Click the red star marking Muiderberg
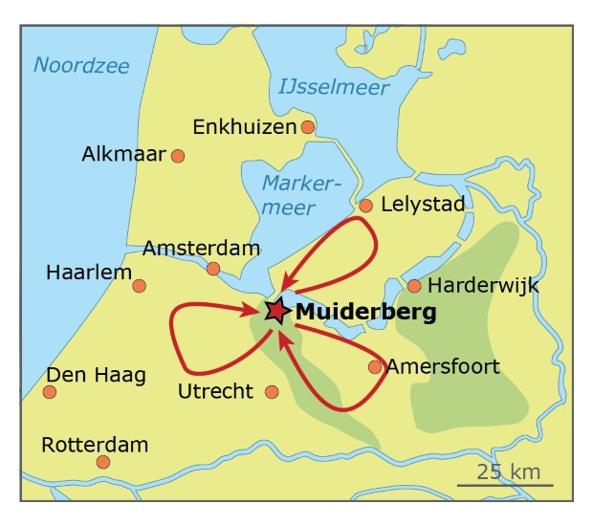[275, 311]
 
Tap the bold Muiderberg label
[365, 312]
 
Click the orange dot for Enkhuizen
[308, 126]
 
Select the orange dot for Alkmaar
[177, 155]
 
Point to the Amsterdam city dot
[213, 269]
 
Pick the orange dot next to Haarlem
[140, 285]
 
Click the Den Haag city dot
[50, 391]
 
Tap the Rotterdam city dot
[103, 462]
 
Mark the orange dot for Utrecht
[272, 391]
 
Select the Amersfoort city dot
[375, 366]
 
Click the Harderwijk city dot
[414, 285]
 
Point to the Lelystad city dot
[365, 205]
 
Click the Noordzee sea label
[81, 65]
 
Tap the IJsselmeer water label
[334, 88]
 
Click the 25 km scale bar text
[509, 471]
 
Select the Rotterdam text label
[95, 445]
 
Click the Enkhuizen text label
[245, 127]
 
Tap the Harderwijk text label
[483, 285]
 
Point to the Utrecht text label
[216, 391]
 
